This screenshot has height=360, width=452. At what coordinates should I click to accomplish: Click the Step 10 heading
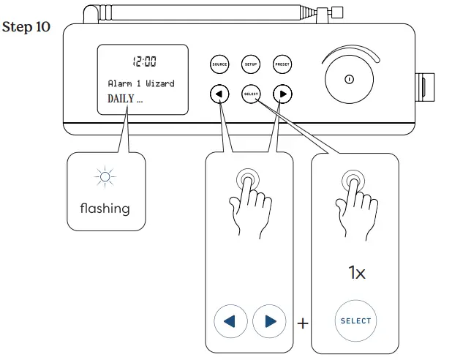tap(26, 28)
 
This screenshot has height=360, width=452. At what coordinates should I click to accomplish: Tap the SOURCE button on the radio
tap(219, 64)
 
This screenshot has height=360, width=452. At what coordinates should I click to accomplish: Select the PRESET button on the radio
tap(282, 64)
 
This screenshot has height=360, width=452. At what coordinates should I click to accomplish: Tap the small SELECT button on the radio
tap(251, 94)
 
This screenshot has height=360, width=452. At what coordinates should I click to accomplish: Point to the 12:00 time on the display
tap(143, 62)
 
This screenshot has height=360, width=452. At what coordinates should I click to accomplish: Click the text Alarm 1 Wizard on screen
tap(141, 83)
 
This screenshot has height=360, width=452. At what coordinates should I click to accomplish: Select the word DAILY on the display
tap(121, 99)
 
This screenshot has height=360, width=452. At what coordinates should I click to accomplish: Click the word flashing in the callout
tap(105, 209)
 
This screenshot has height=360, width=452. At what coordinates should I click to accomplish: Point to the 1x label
tap(355, 273)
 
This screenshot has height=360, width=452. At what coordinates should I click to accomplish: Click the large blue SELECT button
tap(355, 320)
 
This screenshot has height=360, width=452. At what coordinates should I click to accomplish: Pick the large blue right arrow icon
tap(269, 321)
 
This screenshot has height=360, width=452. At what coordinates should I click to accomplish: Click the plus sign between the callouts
tap(302, 323)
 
